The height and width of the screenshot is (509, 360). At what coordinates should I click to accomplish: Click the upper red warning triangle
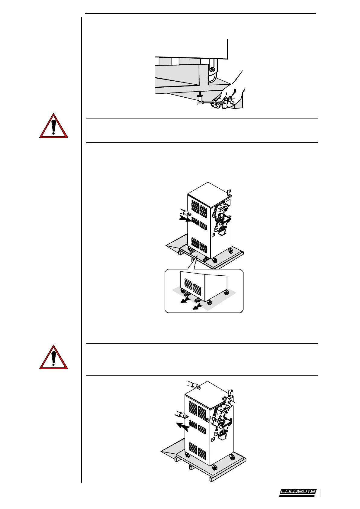point(54,126)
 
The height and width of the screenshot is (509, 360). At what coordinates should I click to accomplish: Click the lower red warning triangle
point(54,358)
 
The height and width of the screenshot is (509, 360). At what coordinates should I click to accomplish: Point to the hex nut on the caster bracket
point(212,69)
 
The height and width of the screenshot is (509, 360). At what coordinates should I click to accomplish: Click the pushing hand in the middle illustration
point(185,212)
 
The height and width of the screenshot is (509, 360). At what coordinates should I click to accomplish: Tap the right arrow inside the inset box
point(198,307)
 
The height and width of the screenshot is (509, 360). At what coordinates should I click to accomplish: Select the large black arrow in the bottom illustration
point(183,426)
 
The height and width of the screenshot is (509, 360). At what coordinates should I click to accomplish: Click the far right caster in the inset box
point(226,292)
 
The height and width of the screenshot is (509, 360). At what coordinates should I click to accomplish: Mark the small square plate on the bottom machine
point(213,439)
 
